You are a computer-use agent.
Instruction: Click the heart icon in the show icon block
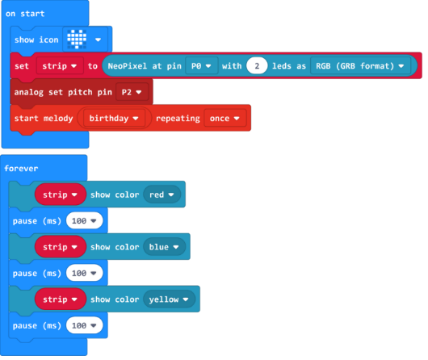pos(77,40)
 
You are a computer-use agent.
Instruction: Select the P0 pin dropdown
pos(201,65)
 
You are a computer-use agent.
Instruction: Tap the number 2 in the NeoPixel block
pos(257,65)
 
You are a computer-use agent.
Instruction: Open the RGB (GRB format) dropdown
pos(360,65)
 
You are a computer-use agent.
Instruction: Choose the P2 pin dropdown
pos(132,92)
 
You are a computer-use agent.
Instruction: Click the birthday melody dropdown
pos(114,118)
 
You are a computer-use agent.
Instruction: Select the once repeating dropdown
pos(225,118)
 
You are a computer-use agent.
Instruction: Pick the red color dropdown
pos(162,195)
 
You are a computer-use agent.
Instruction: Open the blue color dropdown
pos(164,247)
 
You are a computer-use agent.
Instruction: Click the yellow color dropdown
pos(170,299)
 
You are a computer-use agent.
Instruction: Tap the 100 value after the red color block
pos(84,220)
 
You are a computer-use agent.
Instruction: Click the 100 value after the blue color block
pos(84,273)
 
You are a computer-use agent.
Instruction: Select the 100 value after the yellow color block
pos(84,325)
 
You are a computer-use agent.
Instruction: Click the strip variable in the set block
pos(60,65)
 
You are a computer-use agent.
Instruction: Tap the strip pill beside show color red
pos(61,195)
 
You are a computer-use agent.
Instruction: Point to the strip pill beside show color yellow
pos(61,299)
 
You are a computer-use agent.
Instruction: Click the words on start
pos(25,14)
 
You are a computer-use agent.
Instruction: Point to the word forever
pos(21,169)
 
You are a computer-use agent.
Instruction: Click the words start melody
pos(44,119)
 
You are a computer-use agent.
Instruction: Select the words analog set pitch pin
pos(63,92)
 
